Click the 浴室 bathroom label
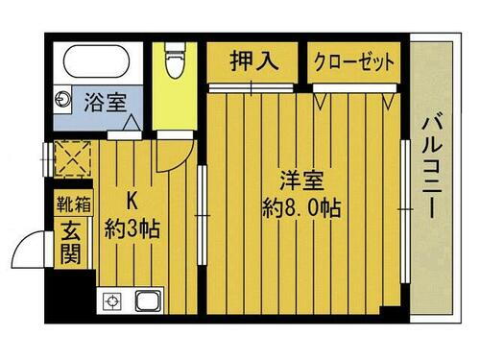[x=104, y=102]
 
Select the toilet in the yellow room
[x=174, y=62]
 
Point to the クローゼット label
[x=354, y=61]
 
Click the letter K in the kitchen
[x=134, y=202]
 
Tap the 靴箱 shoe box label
[x=72, y=204]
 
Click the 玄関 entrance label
[x=72, y=243]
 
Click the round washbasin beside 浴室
[x=62, y=98]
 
